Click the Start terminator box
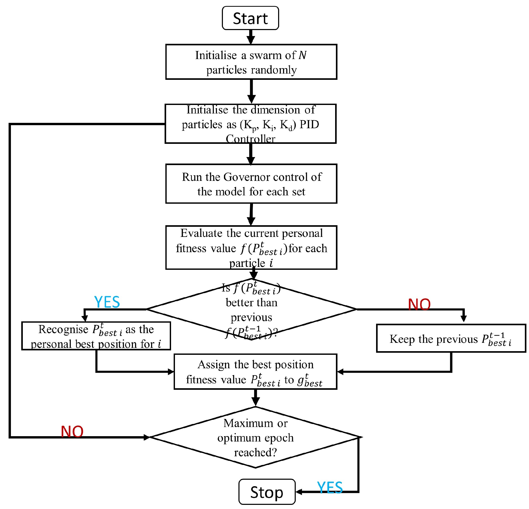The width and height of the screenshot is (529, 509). (x=250, y=18)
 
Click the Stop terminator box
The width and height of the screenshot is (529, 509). (x=267, y=492)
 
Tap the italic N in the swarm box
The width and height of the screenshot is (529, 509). (x=302, y=55)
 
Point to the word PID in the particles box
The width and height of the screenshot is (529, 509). (x=309, y=124)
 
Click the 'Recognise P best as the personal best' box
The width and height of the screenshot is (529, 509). (x=96, y=336)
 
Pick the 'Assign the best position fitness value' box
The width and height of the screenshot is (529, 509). (x=255, y=372)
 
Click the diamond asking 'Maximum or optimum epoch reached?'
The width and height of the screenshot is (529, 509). (x=255, y=437)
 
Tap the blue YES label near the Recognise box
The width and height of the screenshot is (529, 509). (x=107, y=302)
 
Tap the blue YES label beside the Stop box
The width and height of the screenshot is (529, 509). (x=330, y=487)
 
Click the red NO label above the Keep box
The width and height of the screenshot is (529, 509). (x=419, y=305)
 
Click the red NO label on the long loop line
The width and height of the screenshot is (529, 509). (x=72, y=432)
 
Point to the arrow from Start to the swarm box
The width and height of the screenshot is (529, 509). (x=251, y=37)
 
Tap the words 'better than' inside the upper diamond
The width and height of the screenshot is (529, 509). (x=251, y=302)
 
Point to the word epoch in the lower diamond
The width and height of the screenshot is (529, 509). (x=279, y=437)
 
